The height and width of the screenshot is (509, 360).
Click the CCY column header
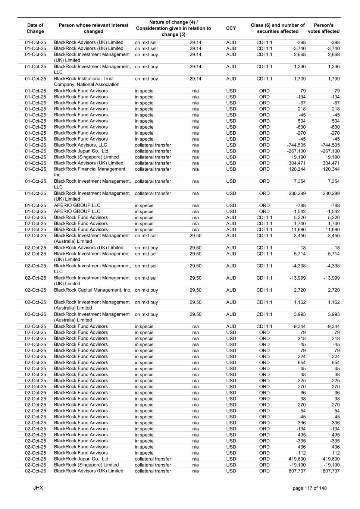click(231, 28)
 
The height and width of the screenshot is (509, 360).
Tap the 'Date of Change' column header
click(35, 28)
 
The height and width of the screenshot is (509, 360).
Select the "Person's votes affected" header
click(323, 28)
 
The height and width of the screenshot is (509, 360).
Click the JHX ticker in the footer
click(38, 488)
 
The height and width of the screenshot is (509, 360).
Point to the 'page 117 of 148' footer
click(310, 488)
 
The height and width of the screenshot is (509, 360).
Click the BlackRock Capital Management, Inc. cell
click(93, 290)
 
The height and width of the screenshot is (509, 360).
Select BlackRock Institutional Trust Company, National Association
click(87, 82)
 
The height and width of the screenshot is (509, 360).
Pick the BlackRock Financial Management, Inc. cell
click(90, 172)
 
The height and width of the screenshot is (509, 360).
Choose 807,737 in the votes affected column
click(331, 471)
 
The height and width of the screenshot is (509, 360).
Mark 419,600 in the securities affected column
click(297, 459)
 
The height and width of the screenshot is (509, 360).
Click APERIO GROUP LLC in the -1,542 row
click(77, 211)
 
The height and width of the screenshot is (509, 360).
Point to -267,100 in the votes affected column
click(330, 151)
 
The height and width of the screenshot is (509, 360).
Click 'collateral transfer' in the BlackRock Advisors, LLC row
click(153, 145)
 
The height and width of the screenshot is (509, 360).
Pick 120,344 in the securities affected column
click(297, 169)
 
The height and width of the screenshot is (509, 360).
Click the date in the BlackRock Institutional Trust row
click(35, 79)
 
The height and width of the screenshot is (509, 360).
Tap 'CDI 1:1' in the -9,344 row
click(264, 326)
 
